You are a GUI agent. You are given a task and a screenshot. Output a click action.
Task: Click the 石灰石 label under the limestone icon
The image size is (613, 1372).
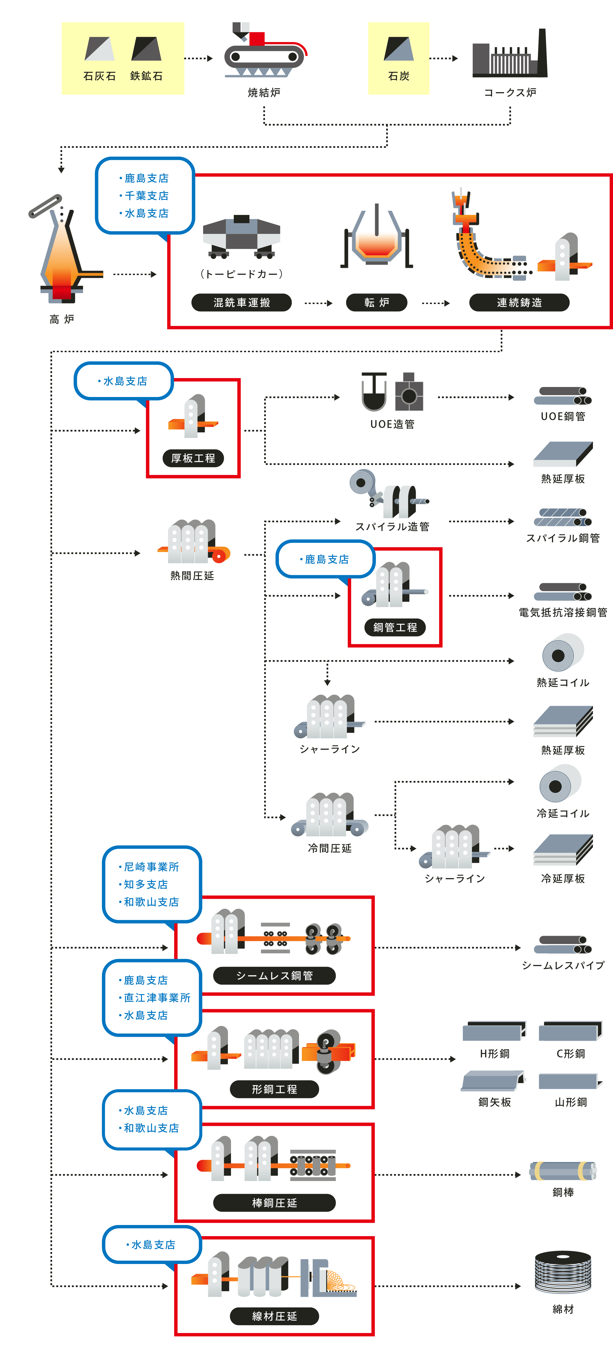pos(100,76)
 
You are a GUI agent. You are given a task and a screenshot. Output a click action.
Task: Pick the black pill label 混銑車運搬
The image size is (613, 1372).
pos(242,303)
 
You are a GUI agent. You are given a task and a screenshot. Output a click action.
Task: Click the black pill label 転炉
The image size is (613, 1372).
pos(377,303)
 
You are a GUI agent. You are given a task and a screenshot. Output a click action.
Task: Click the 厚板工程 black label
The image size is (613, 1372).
pos(193,458)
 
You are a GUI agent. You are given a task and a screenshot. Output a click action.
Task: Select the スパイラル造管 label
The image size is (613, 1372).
pos(392,527)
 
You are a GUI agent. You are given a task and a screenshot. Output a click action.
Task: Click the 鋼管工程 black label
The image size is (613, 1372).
pos(395,628)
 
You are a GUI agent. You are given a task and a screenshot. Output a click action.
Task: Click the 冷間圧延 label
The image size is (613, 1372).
pos(330,848)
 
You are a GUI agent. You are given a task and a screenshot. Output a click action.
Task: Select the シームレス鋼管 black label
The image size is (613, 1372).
pos(274,976)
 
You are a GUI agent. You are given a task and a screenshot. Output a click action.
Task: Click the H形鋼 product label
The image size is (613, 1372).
pos(495,1053)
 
